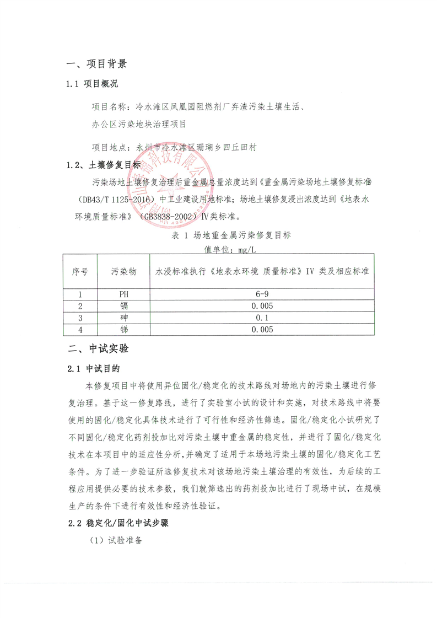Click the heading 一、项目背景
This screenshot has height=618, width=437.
[x=96, y=64]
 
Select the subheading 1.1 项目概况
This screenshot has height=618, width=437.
[x=92, y=84]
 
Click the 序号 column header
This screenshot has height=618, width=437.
[x=80, y=272]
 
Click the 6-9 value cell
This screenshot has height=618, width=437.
[x=262, y=295]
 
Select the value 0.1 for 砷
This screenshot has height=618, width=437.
[x=262, y=318]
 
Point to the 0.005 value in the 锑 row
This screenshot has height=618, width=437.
[x=262, y=330]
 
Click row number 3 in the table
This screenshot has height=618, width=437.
[x=80, y=318]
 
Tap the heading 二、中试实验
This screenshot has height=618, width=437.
[x=96, y=348]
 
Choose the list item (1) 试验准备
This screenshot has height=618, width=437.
[x=116, y=542]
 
